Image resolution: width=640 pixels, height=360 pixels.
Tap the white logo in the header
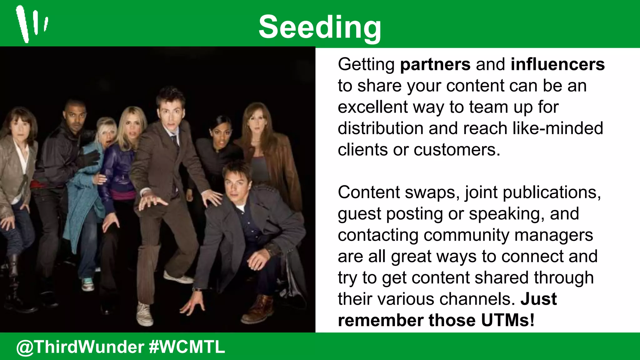pos(31,24)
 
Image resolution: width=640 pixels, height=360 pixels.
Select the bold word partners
pos(435,64)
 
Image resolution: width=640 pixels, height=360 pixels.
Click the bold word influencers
pos(557,64)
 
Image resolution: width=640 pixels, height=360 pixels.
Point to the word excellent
pos(372,107)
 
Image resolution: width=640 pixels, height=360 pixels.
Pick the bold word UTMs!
pos(507,320)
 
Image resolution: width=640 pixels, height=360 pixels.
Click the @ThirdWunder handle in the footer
pos(80,347)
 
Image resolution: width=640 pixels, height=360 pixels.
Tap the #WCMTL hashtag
pos(187,347)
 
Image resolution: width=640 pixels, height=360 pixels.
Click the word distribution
pos(380,128)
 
